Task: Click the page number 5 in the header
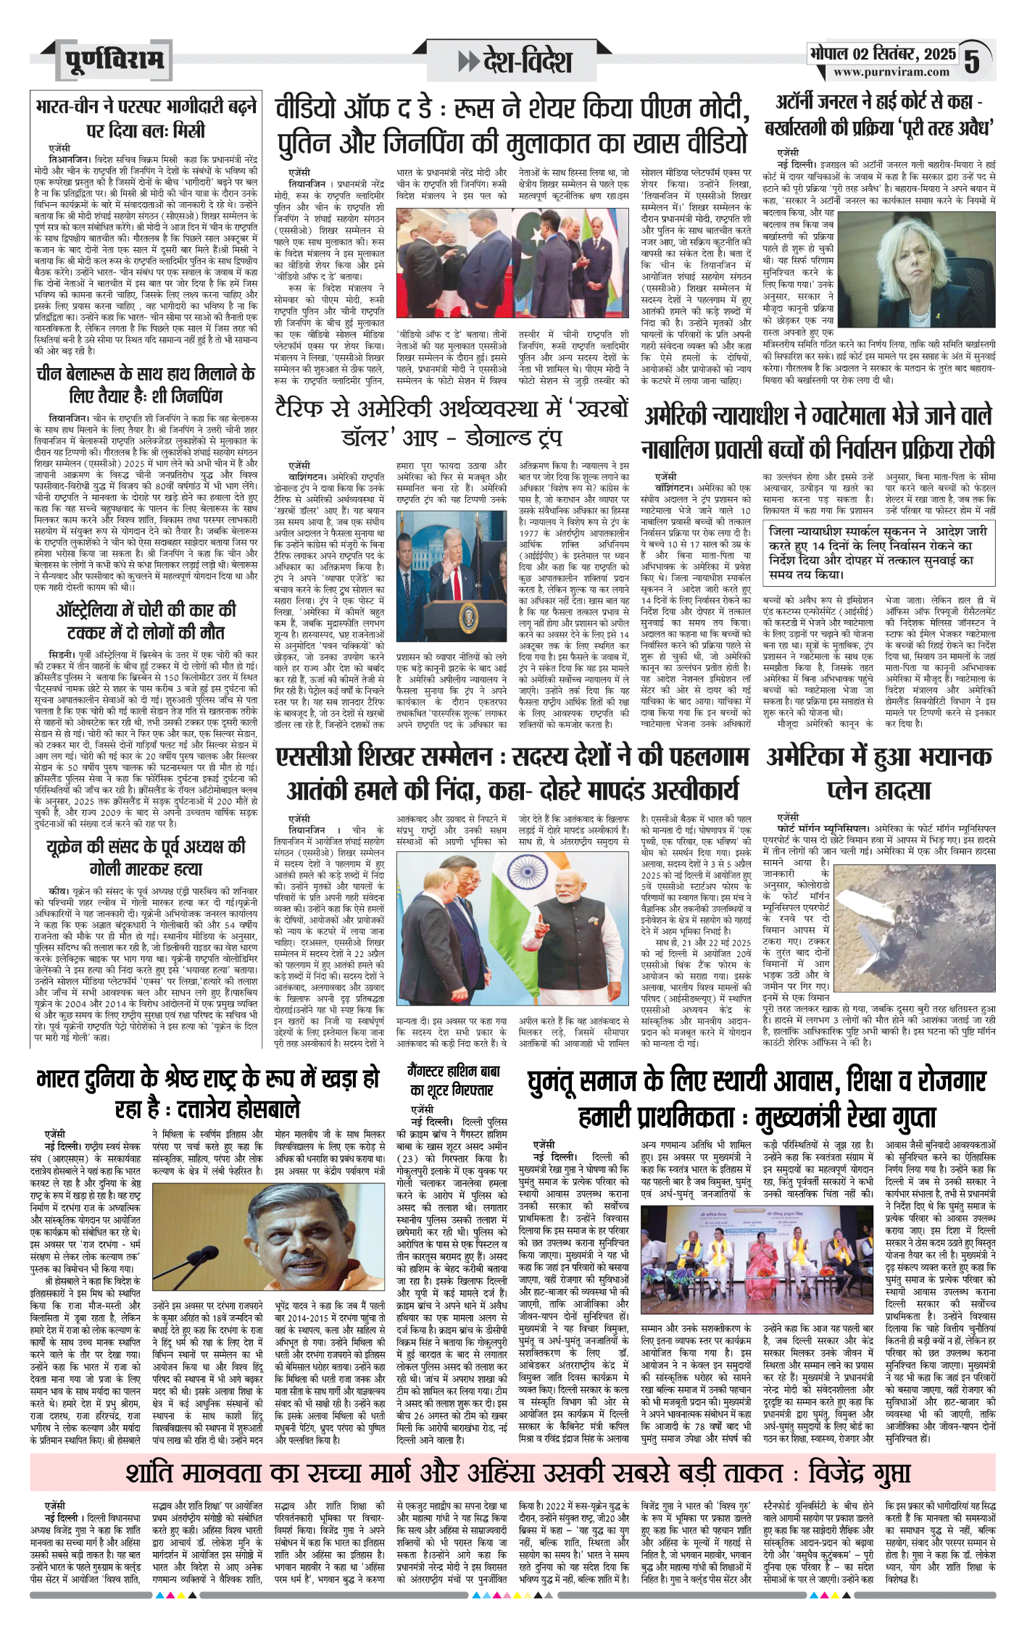(x=971, y=61)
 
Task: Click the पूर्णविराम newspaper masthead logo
(x=113, y=60)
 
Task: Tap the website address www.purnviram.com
(x=891, y=72)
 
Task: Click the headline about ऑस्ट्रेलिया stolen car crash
(x=146, y=620)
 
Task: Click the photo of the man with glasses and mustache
(x=267, y=1238)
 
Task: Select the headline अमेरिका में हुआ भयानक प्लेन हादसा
(x=878, y=772)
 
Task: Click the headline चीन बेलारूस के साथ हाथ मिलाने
(x=146, y=385)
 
